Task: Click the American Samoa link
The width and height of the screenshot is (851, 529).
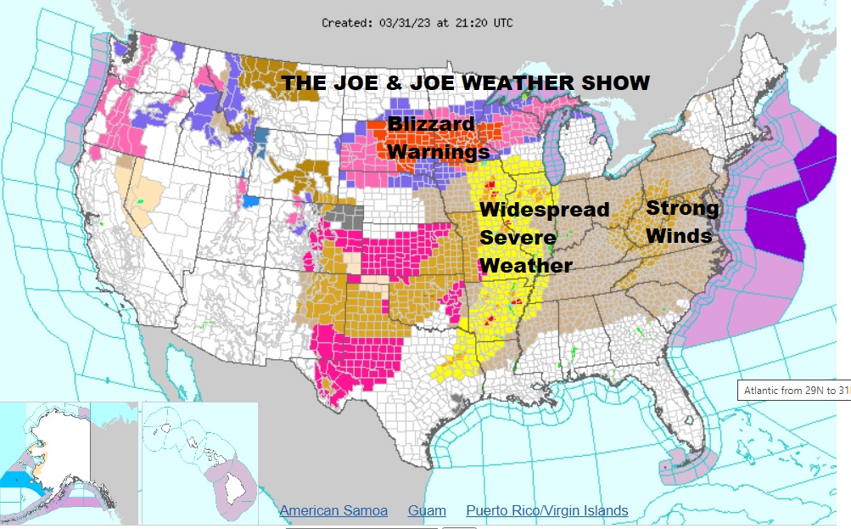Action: tap(333, 510)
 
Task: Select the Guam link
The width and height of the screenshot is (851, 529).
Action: tap(427, 510)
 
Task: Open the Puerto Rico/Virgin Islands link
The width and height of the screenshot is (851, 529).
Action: tap(547, 510)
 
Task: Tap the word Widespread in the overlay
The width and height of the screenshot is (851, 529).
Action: tap(544, 210)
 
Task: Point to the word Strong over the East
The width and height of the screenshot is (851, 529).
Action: tap(682, 208)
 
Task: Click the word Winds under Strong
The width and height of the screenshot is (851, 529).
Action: tap(679, 235)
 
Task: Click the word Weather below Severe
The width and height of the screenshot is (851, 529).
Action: tap(526, 266)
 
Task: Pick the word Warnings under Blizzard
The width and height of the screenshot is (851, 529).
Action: tap(439, 152)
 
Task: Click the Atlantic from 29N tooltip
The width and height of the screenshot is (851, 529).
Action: tap(793, 391)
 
